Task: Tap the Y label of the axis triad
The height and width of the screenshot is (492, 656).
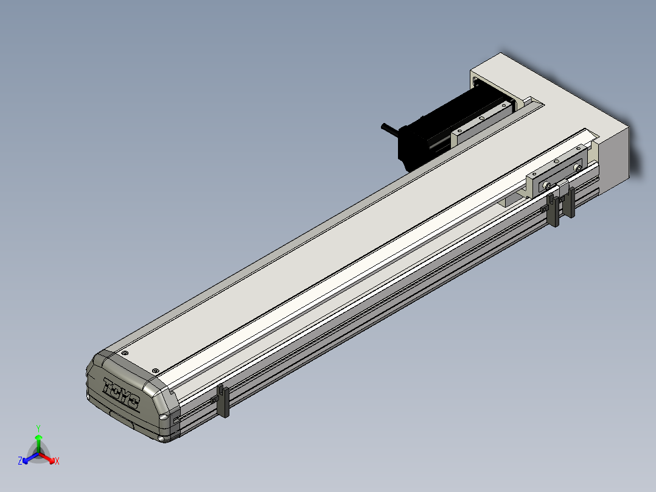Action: pyautogui.click(x=38, y=428)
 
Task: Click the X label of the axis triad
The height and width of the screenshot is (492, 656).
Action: pyautogui.click(x=57, y=461)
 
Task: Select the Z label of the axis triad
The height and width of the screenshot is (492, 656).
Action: pyautogui.click(x=20, y=460)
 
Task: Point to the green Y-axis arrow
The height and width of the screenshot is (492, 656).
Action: pyautogui.click(x=38, y=443)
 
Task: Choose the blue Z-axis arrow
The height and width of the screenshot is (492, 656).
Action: pyautogui.click(x=30, y=458)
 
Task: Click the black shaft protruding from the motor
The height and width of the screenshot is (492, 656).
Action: pyautogui.click(x=391, y=129)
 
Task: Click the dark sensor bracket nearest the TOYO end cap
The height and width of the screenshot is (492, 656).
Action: pyautogui.click(x=223, y=401)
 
